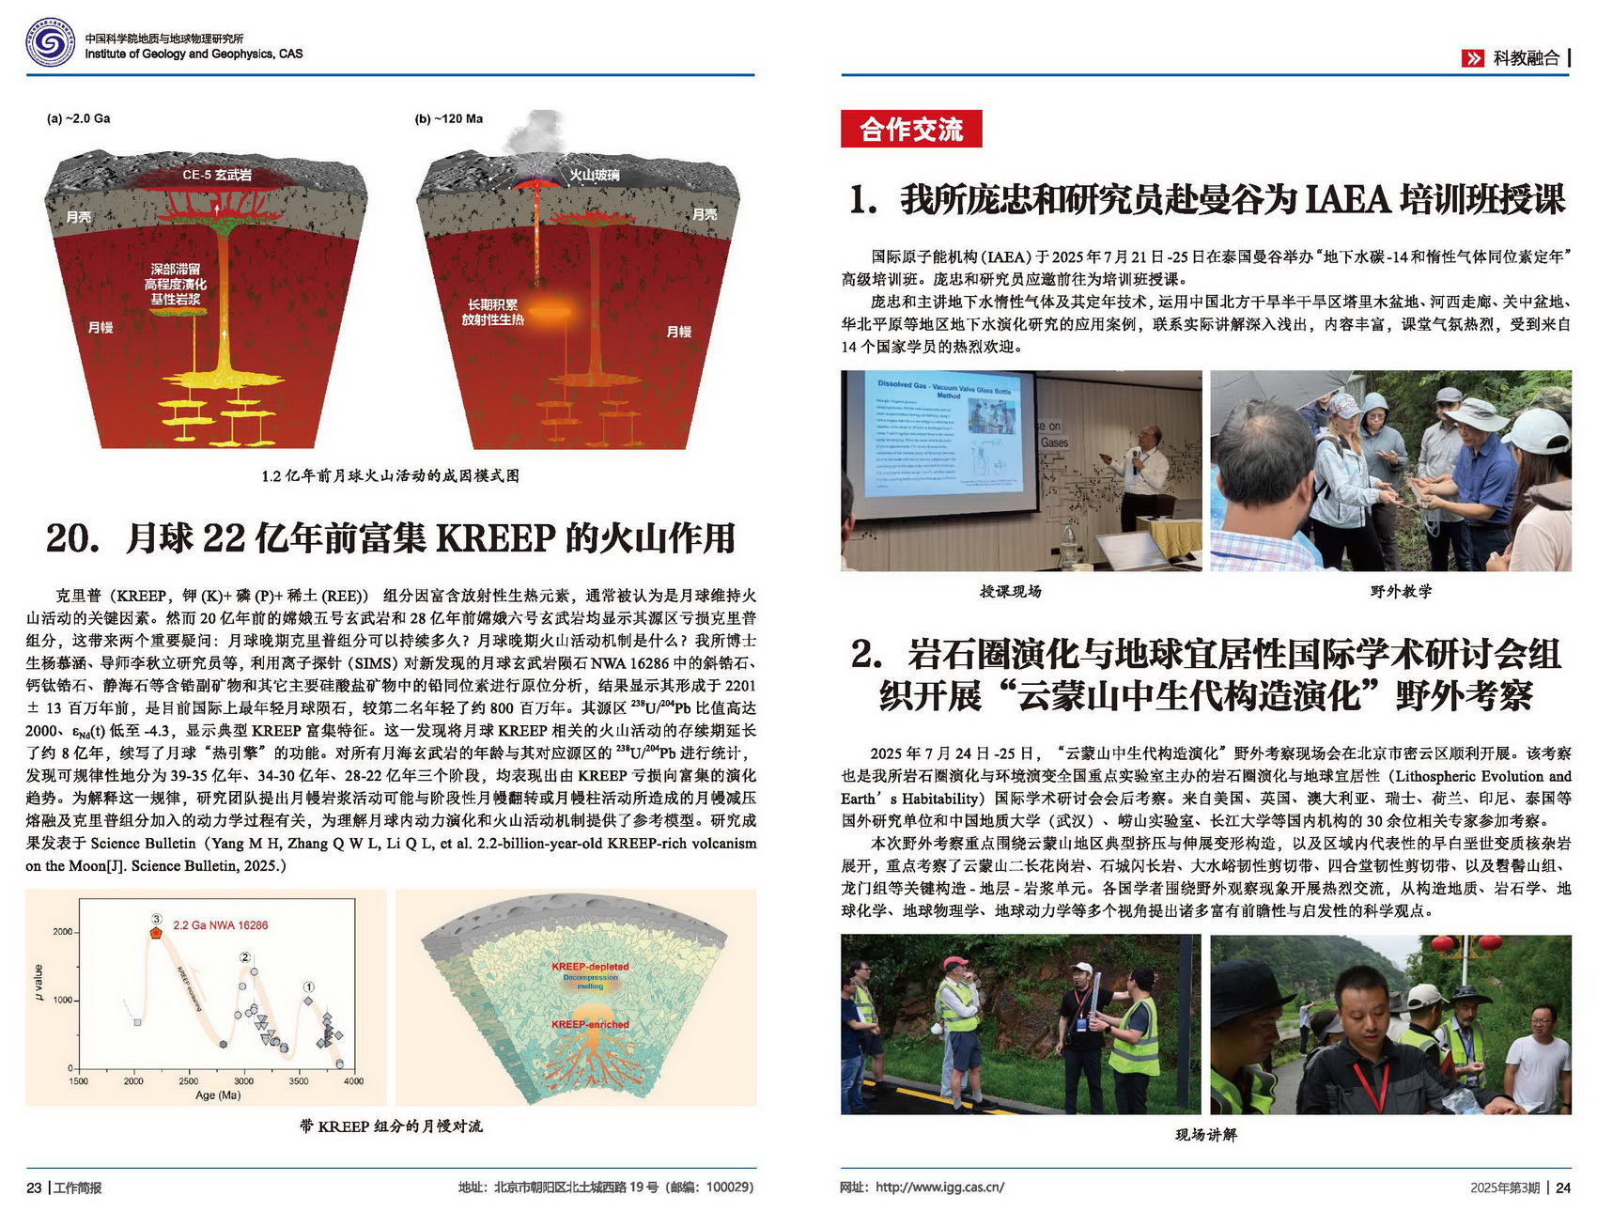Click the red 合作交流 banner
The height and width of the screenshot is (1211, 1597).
point(910,129)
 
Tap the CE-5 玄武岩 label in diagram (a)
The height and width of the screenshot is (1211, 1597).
point(216,175)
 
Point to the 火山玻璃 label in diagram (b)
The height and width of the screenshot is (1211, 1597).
point(593,175)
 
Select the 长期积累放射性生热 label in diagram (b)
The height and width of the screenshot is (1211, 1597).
point(492,312)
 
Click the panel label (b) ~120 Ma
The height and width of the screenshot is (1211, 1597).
point(448,118)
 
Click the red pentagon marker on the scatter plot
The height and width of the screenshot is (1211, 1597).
point(156,933)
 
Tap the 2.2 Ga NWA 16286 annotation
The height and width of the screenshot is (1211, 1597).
point(220,925)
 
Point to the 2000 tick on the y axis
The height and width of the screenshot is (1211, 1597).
point(62,932)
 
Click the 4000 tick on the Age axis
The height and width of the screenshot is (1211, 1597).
point(353,1081)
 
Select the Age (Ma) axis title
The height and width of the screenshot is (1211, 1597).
point(218,1095)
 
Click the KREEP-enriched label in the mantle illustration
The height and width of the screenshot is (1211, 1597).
point(590,1024)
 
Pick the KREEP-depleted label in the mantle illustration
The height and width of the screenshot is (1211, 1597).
point(590,967)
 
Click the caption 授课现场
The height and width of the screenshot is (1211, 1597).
point(1010,591)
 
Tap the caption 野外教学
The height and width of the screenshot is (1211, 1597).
point(1401,591)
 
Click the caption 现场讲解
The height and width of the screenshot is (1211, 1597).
point(1205,1135)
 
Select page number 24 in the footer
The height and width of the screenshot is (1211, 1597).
point(1563,1188)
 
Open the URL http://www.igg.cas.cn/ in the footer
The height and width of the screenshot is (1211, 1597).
point(939,1188)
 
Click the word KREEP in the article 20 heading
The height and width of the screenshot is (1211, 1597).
point(496,538)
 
